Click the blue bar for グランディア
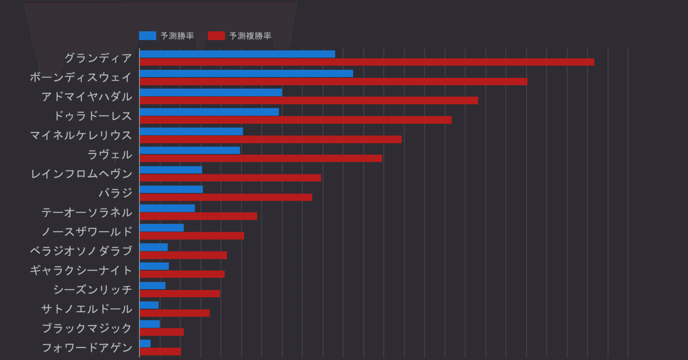(x=237, y=54)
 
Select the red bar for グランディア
(x=367, y=62)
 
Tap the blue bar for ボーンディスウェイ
(x=246, y=73)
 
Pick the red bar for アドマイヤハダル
(x=309, y=100)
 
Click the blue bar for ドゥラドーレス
(x=209, y=112)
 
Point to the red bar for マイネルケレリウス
(x=270, y=139)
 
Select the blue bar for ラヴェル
(x=190, y=150)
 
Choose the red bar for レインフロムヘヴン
(x=230, y=178)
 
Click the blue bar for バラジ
(x=171, y=189)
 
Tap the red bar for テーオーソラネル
(x=198, y=216)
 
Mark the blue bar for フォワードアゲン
(x=145, y=343)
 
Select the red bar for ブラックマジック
(x=162, y=332)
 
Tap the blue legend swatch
(x=147, y=36)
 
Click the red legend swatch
(x=216, y=36)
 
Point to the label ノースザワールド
(x=87, y=232)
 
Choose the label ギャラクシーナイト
(x=81, y=270)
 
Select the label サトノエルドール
(x=87, y=309)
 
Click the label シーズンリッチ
(x=92, y=290)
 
